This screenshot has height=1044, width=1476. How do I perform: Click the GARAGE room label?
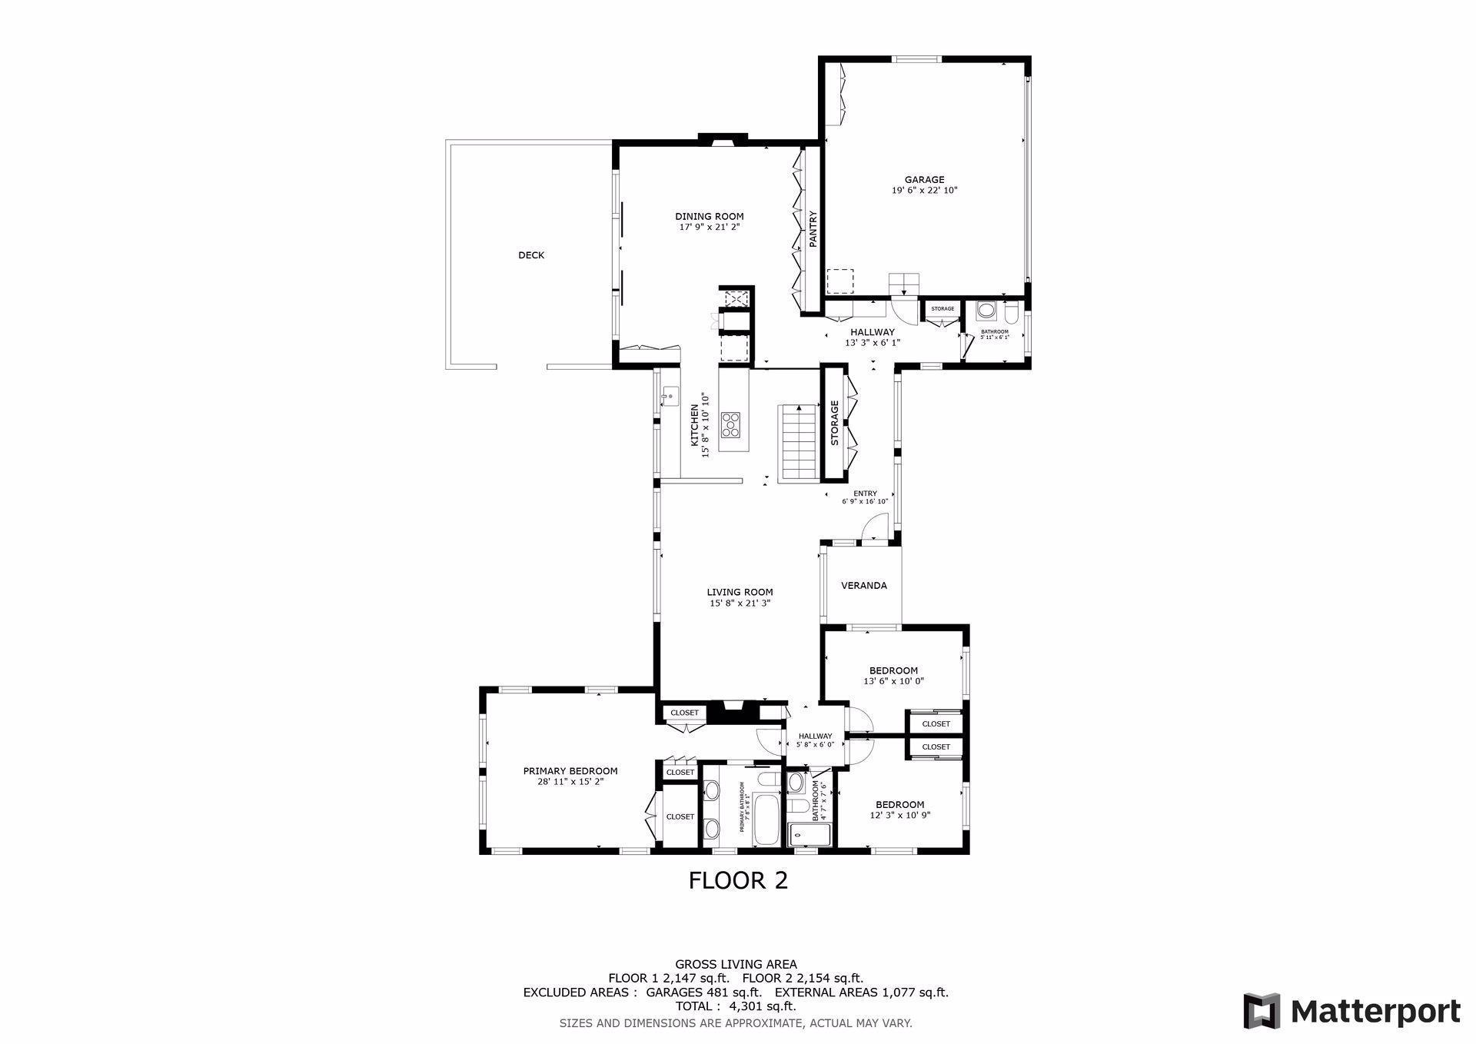pos(924,180)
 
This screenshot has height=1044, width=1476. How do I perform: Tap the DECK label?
pos(530,255)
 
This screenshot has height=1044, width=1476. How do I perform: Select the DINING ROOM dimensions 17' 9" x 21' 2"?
pos(709,227)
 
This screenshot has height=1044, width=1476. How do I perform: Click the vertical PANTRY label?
pos(812,229)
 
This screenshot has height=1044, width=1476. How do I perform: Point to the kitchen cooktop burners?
pos(731,424)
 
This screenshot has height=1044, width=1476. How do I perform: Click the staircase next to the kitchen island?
pos(798,443)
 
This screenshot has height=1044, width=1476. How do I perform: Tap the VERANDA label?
pos(863,586)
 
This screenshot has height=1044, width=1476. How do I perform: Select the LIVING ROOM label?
pos(740,592)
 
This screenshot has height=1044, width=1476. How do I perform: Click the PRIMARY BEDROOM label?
pos(570,771)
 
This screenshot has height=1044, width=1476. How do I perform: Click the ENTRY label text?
pos(865,494)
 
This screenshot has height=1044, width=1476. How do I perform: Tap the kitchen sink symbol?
pos(670,397)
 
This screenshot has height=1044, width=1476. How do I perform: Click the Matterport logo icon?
pos(1262,1010)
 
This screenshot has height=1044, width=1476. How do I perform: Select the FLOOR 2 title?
pos(738,880)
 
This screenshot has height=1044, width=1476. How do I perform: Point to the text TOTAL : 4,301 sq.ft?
pos(735,1006)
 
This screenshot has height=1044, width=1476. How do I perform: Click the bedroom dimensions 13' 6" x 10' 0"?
pos(893,681)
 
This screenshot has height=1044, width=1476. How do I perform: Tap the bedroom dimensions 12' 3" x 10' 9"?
pos(899,816)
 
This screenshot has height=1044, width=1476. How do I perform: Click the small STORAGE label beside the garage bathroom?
pos(942,309)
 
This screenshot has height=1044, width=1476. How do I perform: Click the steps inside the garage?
pos(904,284)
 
